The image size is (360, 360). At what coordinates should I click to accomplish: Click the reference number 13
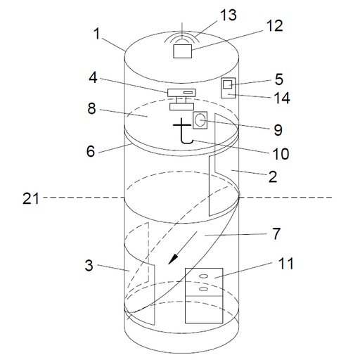(x=229, y=15)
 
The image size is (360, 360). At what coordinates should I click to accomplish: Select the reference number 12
(x=275, y=26)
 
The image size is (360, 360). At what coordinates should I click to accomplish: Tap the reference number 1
(x=97, y=34)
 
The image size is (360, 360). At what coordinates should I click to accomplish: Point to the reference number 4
(x=93, y=77)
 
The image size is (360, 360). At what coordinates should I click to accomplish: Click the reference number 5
(x=279, y=79)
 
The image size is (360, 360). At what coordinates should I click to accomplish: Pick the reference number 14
(x=282, y=98)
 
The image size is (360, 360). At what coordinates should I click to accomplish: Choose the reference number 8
(x=92, y=108)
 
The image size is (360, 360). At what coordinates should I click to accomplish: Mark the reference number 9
(x=278, y=130)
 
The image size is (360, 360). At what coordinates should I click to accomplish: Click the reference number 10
(x=281, y=154)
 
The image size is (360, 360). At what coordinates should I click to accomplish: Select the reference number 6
(x=91, y=151)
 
